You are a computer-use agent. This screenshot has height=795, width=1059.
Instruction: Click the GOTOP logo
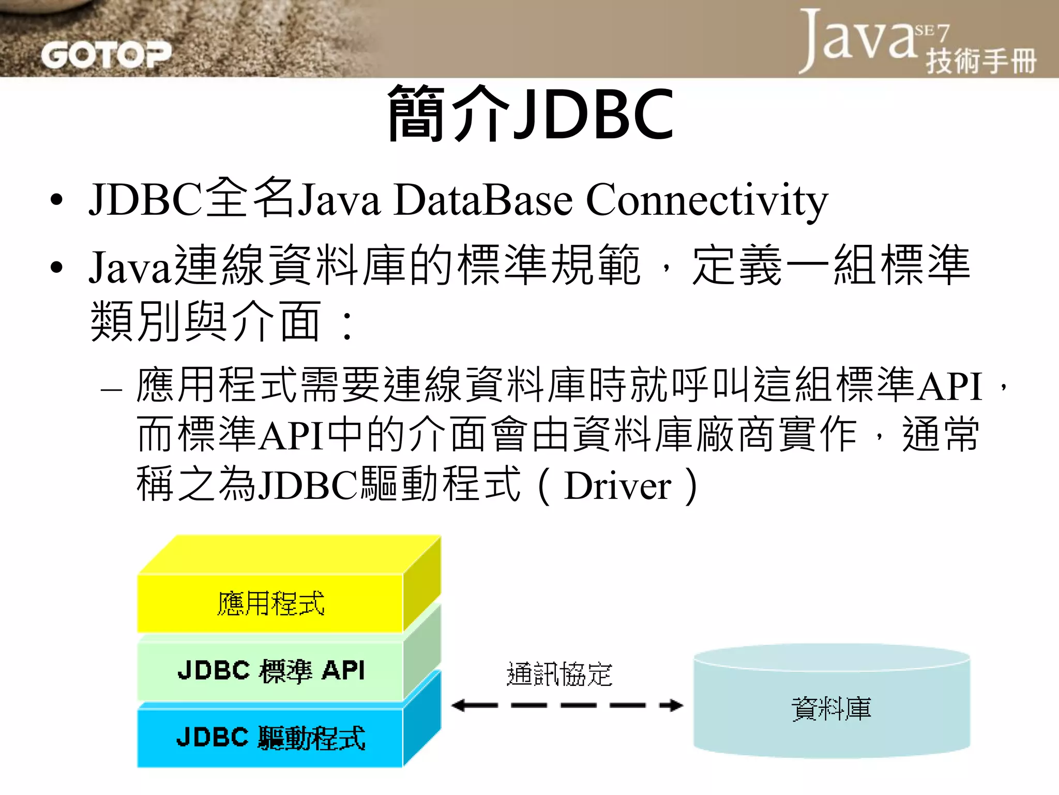click(x=106, y=55)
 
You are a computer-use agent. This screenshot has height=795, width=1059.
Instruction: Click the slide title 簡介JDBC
click(x=531, y=114)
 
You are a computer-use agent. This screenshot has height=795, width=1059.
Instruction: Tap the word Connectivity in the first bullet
click(x=706, y=201)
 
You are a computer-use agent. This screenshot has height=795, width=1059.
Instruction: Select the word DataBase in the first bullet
click(x=483, y=201)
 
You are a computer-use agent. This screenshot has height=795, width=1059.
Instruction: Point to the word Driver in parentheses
click(x=617, y=487)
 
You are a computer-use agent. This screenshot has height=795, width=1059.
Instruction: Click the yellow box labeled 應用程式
click(x=270, y=603)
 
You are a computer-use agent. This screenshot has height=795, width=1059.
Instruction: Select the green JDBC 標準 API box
click(x=270, y=671)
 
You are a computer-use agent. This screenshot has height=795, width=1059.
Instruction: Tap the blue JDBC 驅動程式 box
click(x=270, y=738)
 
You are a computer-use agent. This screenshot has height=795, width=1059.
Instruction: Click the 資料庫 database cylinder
click(x=831, y=708)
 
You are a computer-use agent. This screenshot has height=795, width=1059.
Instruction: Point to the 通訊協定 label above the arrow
click(x=559, y=674)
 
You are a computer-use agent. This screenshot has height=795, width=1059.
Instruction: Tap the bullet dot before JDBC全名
click(x=56, y=201)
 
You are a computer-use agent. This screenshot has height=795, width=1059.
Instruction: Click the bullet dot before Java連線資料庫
click(x=56, y=268)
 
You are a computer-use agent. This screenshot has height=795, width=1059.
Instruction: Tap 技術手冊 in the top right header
click(x=981, y=61)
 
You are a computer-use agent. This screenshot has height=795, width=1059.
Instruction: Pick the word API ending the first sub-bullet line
click(x=949, y=386)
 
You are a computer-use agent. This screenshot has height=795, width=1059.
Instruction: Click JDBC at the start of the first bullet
click(x=146, y=201)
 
